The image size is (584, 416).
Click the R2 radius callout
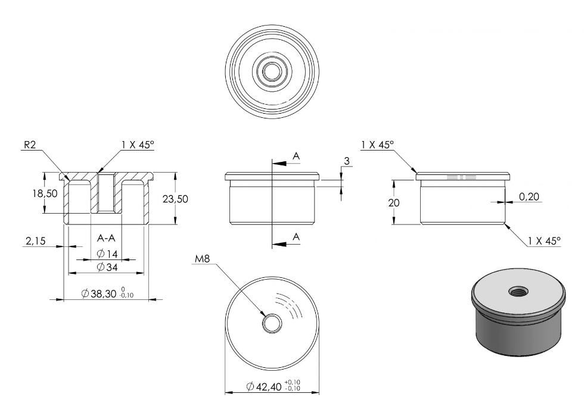[x=30, y=145]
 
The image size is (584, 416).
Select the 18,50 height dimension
[x=45, y=193]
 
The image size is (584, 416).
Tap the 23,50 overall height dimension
[x=175, y=199]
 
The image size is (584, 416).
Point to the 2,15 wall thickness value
[x=35, y=241]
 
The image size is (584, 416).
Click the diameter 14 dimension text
[x=107, y=254]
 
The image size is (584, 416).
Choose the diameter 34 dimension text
[x=107, y=267]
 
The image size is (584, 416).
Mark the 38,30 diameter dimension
[x=107, y=293]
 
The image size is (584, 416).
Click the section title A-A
[x=106, y=238]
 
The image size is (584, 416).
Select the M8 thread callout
[x=202, y=259]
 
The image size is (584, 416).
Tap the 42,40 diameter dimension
[x=273, y=386]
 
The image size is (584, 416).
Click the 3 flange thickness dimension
[x=347, y=161]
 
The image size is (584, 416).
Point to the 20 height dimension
[x=394, y=203]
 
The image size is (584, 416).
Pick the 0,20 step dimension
[x=529, y=196]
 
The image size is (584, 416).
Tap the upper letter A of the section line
[x=296, y=157]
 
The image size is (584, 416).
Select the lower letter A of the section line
[x=296, y=237]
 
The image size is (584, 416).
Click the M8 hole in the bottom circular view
[x=272, y=323]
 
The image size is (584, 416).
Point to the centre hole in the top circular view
[x=272, y=71]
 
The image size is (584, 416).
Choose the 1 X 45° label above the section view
[x=138, y=145]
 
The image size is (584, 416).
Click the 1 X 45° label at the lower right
[x=544, y=241]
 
